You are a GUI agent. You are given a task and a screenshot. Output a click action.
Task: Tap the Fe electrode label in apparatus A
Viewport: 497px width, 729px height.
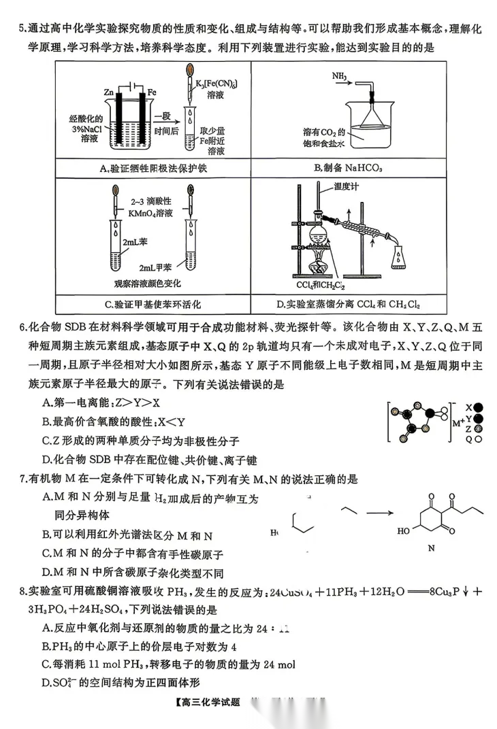pyautogui.click(x=152, y=91)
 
